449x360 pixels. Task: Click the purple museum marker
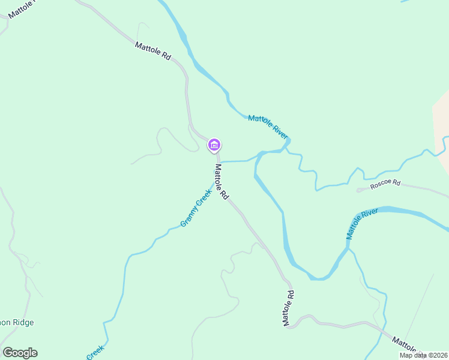[x=214, y=145]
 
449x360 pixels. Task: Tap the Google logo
[x=20, y=353]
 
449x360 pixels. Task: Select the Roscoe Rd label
[x=385, y=185]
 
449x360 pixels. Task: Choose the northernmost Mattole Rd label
[x=153, y=50]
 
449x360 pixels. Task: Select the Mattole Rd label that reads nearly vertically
[x=289, y=308]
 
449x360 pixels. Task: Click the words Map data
[x=412, y=355]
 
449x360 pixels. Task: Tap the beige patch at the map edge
[x=442, y=114]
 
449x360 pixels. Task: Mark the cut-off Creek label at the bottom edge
[x=96, y=352]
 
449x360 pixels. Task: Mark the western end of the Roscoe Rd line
[x=358, y=190]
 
